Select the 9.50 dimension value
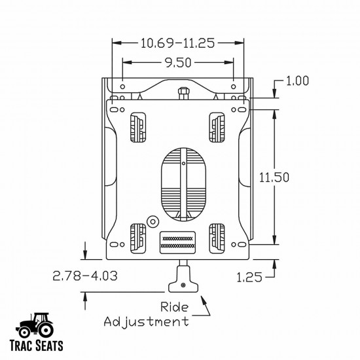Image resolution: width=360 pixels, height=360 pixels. (x=179, y=63)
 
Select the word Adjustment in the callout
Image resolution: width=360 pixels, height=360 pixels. (x=147, y=321)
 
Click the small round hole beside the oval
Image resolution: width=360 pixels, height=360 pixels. (x=152, y=221)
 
